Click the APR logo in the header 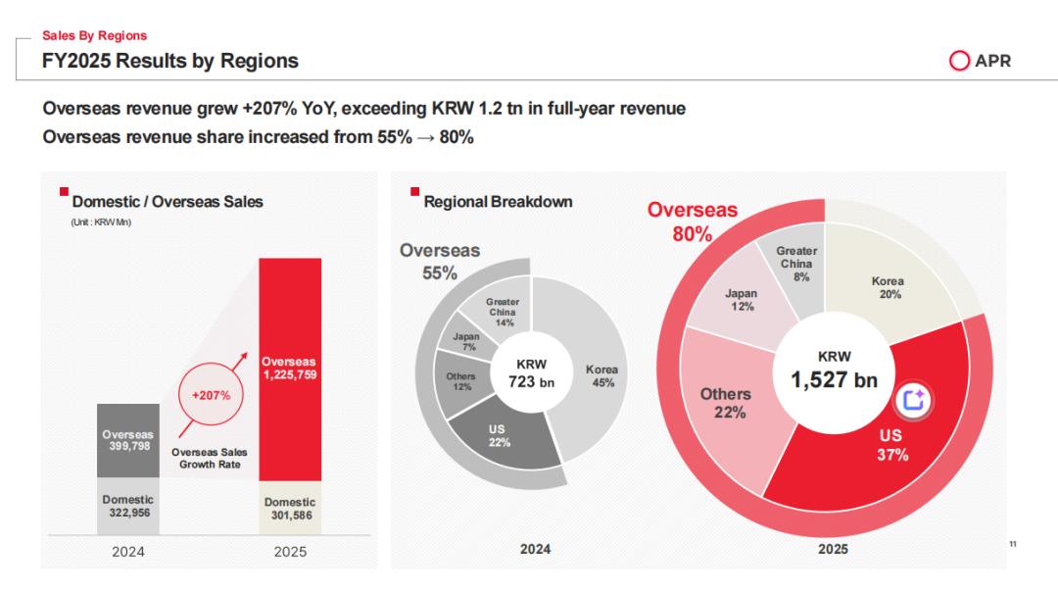pos(980,61)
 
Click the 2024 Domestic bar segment pos(128,506)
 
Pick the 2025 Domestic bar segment pos(289,509)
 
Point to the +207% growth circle pos(210,396)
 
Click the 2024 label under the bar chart pos(128,552)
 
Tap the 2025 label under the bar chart pos(289,552)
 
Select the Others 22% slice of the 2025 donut pos(726,402)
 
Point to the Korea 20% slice pos(888,286)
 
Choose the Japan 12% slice pos(741,300)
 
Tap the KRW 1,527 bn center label pos(834,370)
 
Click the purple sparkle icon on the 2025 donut pos(914,399)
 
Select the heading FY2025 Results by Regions pos(170,61)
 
